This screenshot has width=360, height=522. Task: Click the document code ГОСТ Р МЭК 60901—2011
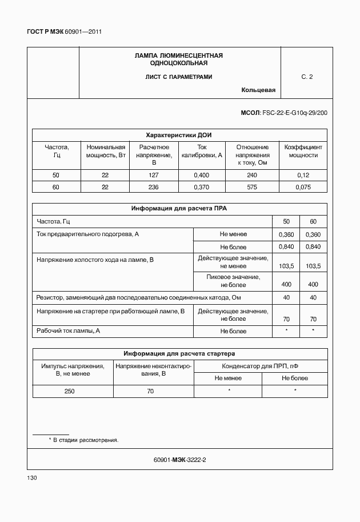point(64,32)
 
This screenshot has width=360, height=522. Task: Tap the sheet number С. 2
point(307,77)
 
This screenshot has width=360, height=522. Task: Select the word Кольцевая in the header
point(258,90)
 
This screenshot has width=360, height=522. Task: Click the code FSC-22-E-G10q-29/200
point(294,113)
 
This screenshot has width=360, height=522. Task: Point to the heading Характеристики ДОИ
point(179,135)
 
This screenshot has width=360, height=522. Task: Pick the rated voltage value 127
point(154,176)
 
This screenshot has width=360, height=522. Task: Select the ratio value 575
point(252,187)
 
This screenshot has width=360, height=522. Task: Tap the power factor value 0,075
point(303,187)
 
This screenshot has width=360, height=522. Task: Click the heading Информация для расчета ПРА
point(179,209)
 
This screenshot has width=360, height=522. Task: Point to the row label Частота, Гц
point(53,222)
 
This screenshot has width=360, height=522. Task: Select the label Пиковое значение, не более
point(233,281)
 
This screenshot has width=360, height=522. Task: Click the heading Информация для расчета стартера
point(179,353)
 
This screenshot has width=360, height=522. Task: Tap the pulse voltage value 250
point(69,391)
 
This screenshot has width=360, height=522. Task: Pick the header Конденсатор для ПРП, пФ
point(261,365)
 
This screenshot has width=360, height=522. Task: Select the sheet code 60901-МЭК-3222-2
point(179,460)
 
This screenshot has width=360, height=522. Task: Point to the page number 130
point(32,478)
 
